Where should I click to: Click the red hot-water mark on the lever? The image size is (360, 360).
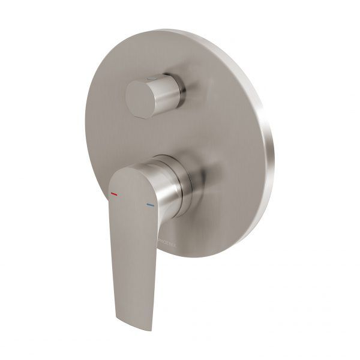(114, 194)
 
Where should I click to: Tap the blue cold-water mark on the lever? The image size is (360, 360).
(149, 205)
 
